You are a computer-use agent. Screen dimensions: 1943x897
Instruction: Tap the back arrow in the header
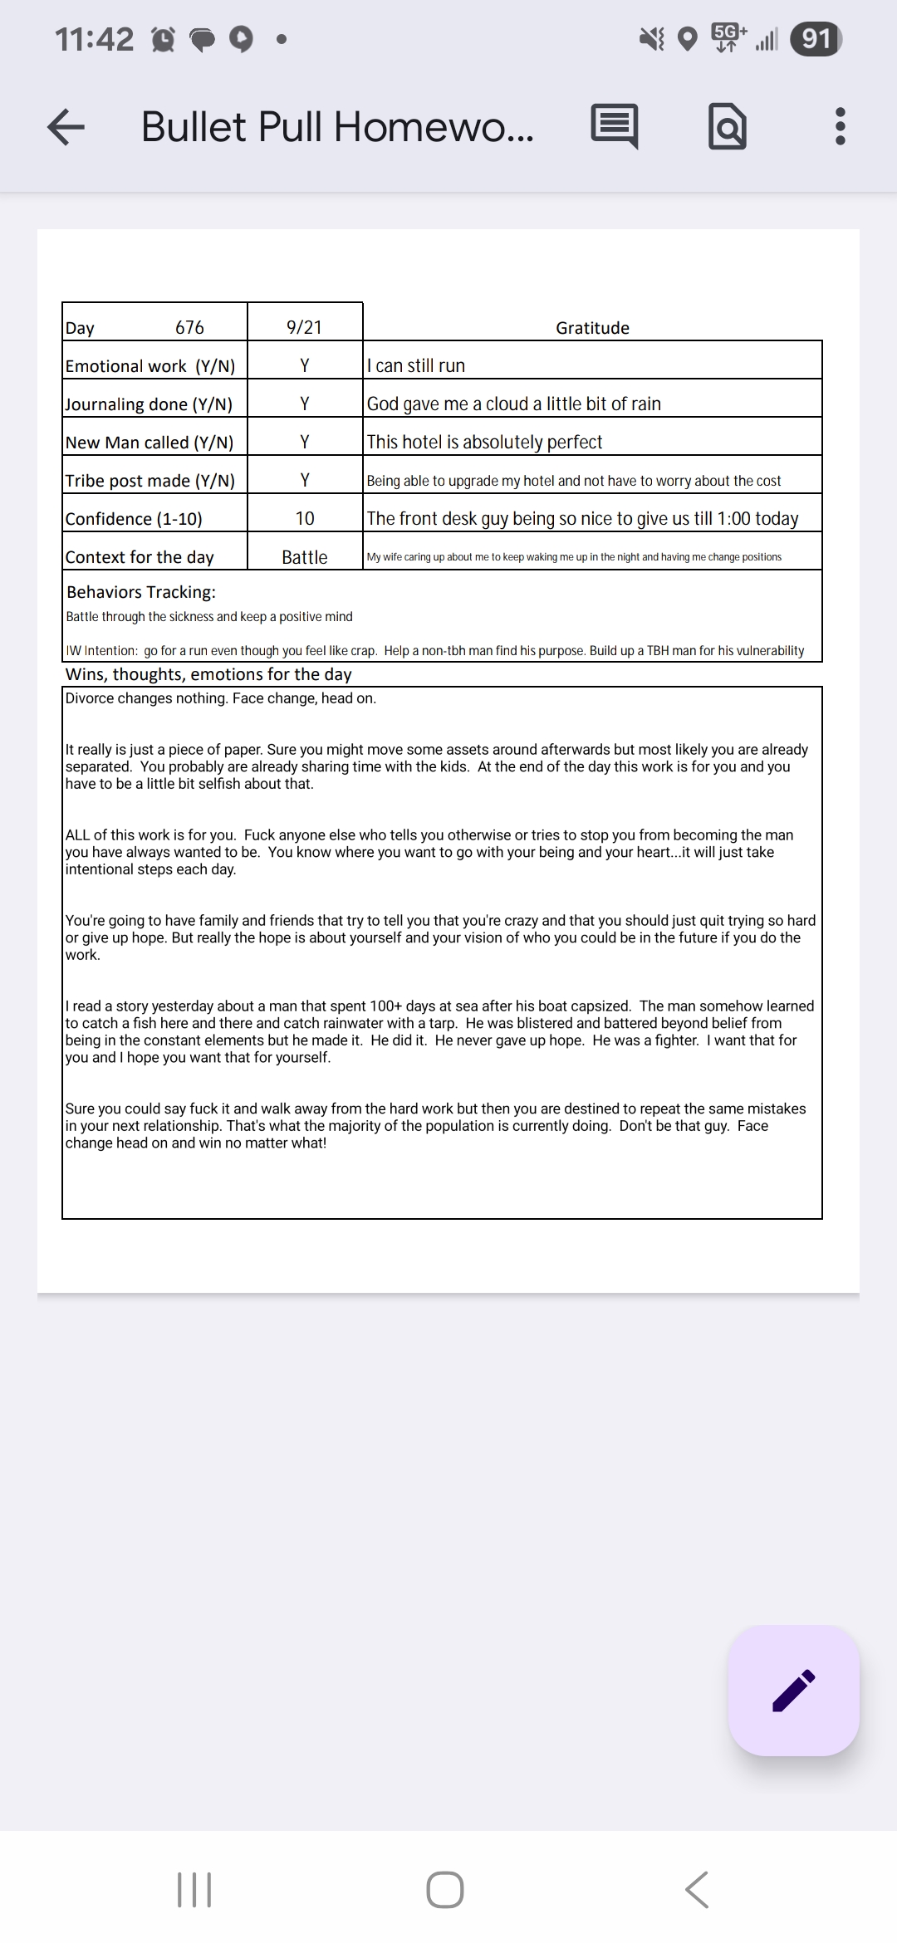tap(66, 127)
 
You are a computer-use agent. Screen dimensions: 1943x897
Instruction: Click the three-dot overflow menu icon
tap(840, 127)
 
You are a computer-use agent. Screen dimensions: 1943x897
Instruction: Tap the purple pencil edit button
tap(793, 1691)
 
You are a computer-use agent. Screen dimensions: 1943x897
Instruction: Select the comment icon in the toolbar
tap(615, 127)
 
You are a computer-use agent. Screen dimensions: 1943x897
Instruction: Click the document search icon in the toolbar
tap(727, 127)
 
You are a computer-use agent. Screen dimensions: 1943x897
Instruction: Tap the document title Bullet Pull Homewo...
tap(337, 127)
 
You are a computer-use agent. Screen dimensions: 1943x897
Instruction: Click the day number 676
tap(189, 327)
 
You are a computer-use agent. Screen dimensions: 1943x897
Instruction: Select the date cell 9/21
tap(304, 327)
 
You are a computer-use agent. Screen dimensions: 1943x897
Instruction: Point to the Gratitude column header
tap(592, 328)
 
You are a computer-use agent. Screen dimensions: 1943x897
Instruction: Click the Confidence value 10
tap(305, 519)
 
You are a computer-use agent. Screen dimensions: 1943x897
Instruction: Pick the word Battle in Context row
tap(305, 557)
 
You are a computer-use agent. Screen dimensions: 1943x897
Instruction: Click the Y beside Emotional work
tap(305, 365)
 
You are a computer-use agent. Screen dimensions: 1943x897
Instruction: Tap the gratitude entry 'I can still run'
tap(416, 365)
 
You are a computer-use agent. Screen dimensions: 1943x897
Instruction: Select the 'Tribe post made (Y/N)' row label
tap(150, 481)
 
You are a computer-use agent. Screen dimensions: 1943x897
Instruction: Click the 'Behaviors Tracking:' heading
tap(141, 592)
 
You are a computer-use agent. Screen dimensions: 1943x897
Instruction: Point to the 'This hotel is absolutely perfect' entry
tap(484, 442)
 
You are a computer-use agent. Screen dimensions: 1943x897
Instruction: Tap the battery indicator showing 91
tap(816, 39)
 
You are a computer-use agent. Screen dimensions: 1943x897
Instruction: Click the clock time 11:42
tap(94, 39)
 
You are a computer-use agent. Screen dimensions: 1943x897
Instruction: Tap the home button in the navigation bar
tap(445, 1890)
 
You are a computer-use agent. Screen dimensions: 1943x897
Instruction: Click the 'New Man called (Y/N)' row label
tap(149, 443)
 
